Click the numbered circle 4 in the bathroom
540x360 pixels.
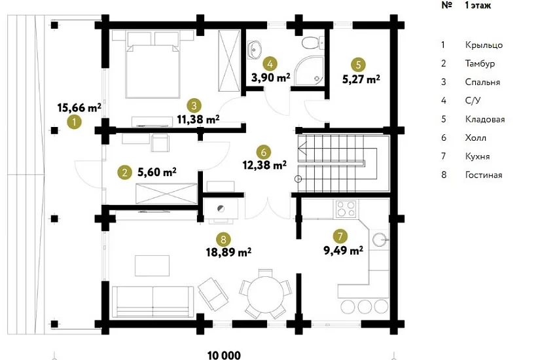[270, 63]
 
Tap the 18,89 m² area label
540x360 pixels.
[228, 252]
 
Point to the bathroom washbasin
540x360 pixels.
[255, 49]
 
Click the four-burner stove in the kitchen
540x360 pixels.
[346, 209]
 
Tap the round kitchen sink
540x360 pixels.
[380, 239]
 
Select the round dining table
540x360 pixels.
[265, 293]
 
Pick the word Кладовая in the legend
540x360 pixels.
[485, 120]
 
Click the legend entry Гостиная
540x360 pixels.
[484, 175]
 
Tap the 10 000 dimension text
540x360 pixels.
[225, 355]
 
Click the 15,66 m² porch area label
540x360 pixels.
[79, 108]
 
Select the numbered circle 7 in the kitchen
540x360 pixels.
[340, 236]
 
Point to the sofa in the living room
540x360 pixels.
[152, 301]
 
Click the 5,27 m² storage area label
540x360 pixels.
[361, 79]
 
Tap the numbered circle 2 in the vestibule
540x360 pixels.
[124, 172]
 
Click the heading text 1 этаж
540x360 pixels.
[478, 5]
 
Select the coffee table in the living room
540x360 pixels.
[152, 266]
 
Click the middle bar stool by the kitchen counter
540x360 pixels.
[365, 306]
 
